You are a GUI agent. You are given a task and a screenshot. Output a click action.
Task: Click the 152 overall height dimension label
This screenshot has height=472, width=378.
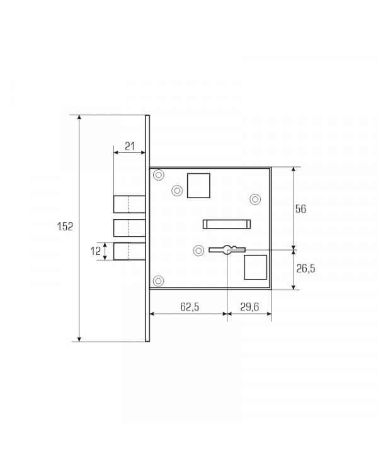[x=65, y=227]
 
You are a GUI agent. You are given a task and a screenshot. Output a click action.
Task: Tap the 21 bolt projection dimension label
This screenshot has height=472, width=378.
[x=130, y=146]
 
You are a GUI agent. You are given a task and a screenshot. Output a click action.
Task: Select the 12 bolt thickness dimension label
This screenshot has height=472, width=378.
[x=96, y=250]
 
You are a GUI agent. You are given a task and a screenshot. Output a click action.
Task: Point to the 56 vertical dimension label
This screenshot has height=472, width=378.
[x=301, y=208]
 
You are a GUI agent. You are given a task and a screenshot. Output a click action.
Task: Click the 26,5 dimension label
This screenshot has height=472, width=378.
[x=306, y=268]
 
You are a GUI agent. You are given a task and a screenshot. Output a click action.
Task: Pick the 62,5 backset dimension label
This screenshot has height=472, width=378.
[x=190, y=306]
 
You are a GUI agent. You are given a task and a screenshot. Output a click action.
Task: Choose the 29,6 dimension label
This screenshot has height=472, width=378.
[x=249, y=306]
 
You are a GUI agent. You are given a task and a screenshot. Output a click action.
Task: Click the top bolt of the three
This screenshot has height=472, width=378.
[x=129, y=204]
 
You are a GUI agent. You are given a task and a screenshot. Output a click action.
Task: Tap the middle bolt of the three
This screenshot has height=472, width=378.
[x=129, y=228]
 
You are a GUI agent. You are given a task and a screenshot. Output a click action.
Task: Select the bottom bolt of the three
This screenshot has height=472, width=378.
[x=129, y=251]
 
